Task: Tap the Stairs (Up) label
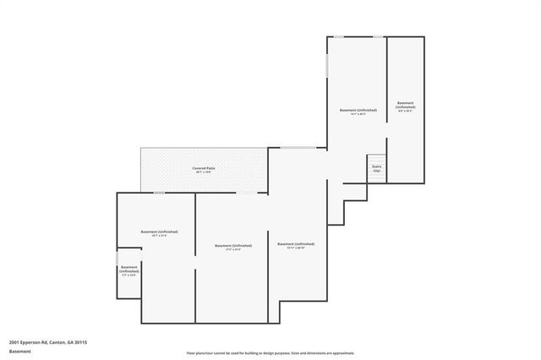[x=376, y=168]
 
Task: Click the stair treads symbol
[x=376, y=158]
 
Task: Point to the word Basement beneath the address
[x=20, y=351]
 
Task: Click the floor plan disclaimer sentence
[x=270, y=353]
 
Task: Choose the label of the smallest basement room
[x=129, y=270]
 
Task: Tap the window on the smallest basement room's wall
[x=117, y=258]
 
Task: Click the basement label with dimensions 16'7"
[x=159, y=233]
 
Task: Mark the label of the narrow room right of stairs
[x=406, y=107]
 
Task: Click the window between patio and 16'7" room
[x=158, y=194]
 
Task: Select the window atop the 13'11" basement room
[x=298, y=148]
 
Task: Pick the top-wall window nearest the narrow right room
[x=378, y=36]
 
